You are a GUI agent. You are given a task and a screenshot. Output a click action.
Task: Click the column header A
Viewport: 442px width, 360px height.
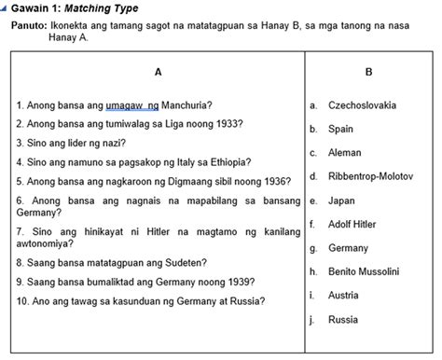[158, 72]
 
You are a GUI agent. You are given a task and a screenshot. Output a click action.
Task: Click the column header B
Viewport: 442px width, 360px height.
[369, 72]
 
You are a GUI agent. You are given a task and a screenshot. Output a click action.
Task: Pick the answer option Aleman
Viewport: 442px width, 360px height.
[345, 152]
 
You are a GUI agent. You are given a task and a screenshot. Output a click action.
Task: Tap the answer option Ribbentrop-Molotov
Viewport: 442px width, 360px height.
[373, 176]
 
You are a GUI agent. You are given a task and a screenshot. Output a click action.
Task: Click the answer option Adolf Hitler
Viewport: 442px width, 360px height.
[353, 225]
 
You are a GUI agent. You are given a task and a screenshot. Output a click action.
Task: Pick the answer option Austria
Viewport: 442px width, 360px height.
[343, 296]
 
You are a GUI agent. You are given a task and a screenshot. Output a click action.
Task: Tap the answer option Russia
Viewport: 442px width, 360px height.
[342, 320]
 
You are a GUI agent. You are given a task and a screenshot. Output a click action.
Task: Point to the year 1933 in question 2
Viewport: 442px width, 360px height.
[228, 123]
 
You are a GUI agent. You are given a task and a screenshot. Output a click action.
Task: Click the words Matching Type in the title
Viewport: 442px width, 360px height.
[90, 8]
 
